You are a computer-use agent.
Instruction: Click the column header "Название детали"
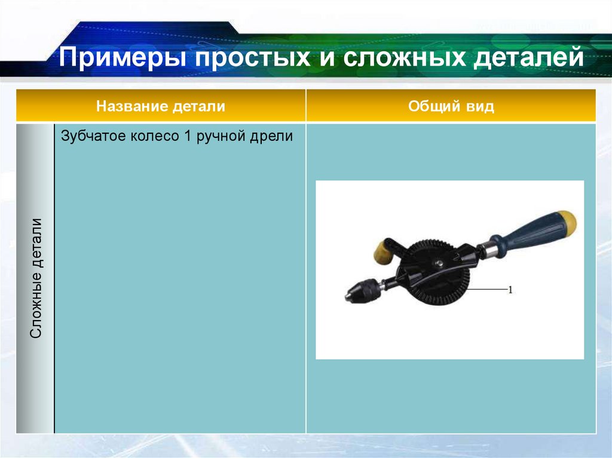pyautogui.click(x=161, y=107)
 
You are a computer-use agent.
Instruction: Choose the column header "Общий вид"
pyautogui.click(x=451, y=107)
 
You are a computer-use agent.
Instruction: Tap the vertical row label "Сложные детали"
pyautogui.click(x=36, y=278)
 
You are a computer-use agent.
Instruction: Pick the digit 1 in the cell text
pyautogui.click(x=187, y=136)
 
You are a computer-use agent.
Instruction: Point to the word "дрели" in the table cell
pyautogui.click(x=272, y=136)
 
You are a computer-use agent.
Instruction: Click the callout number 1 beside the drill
pyautogui.click(x=511, y=290)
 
